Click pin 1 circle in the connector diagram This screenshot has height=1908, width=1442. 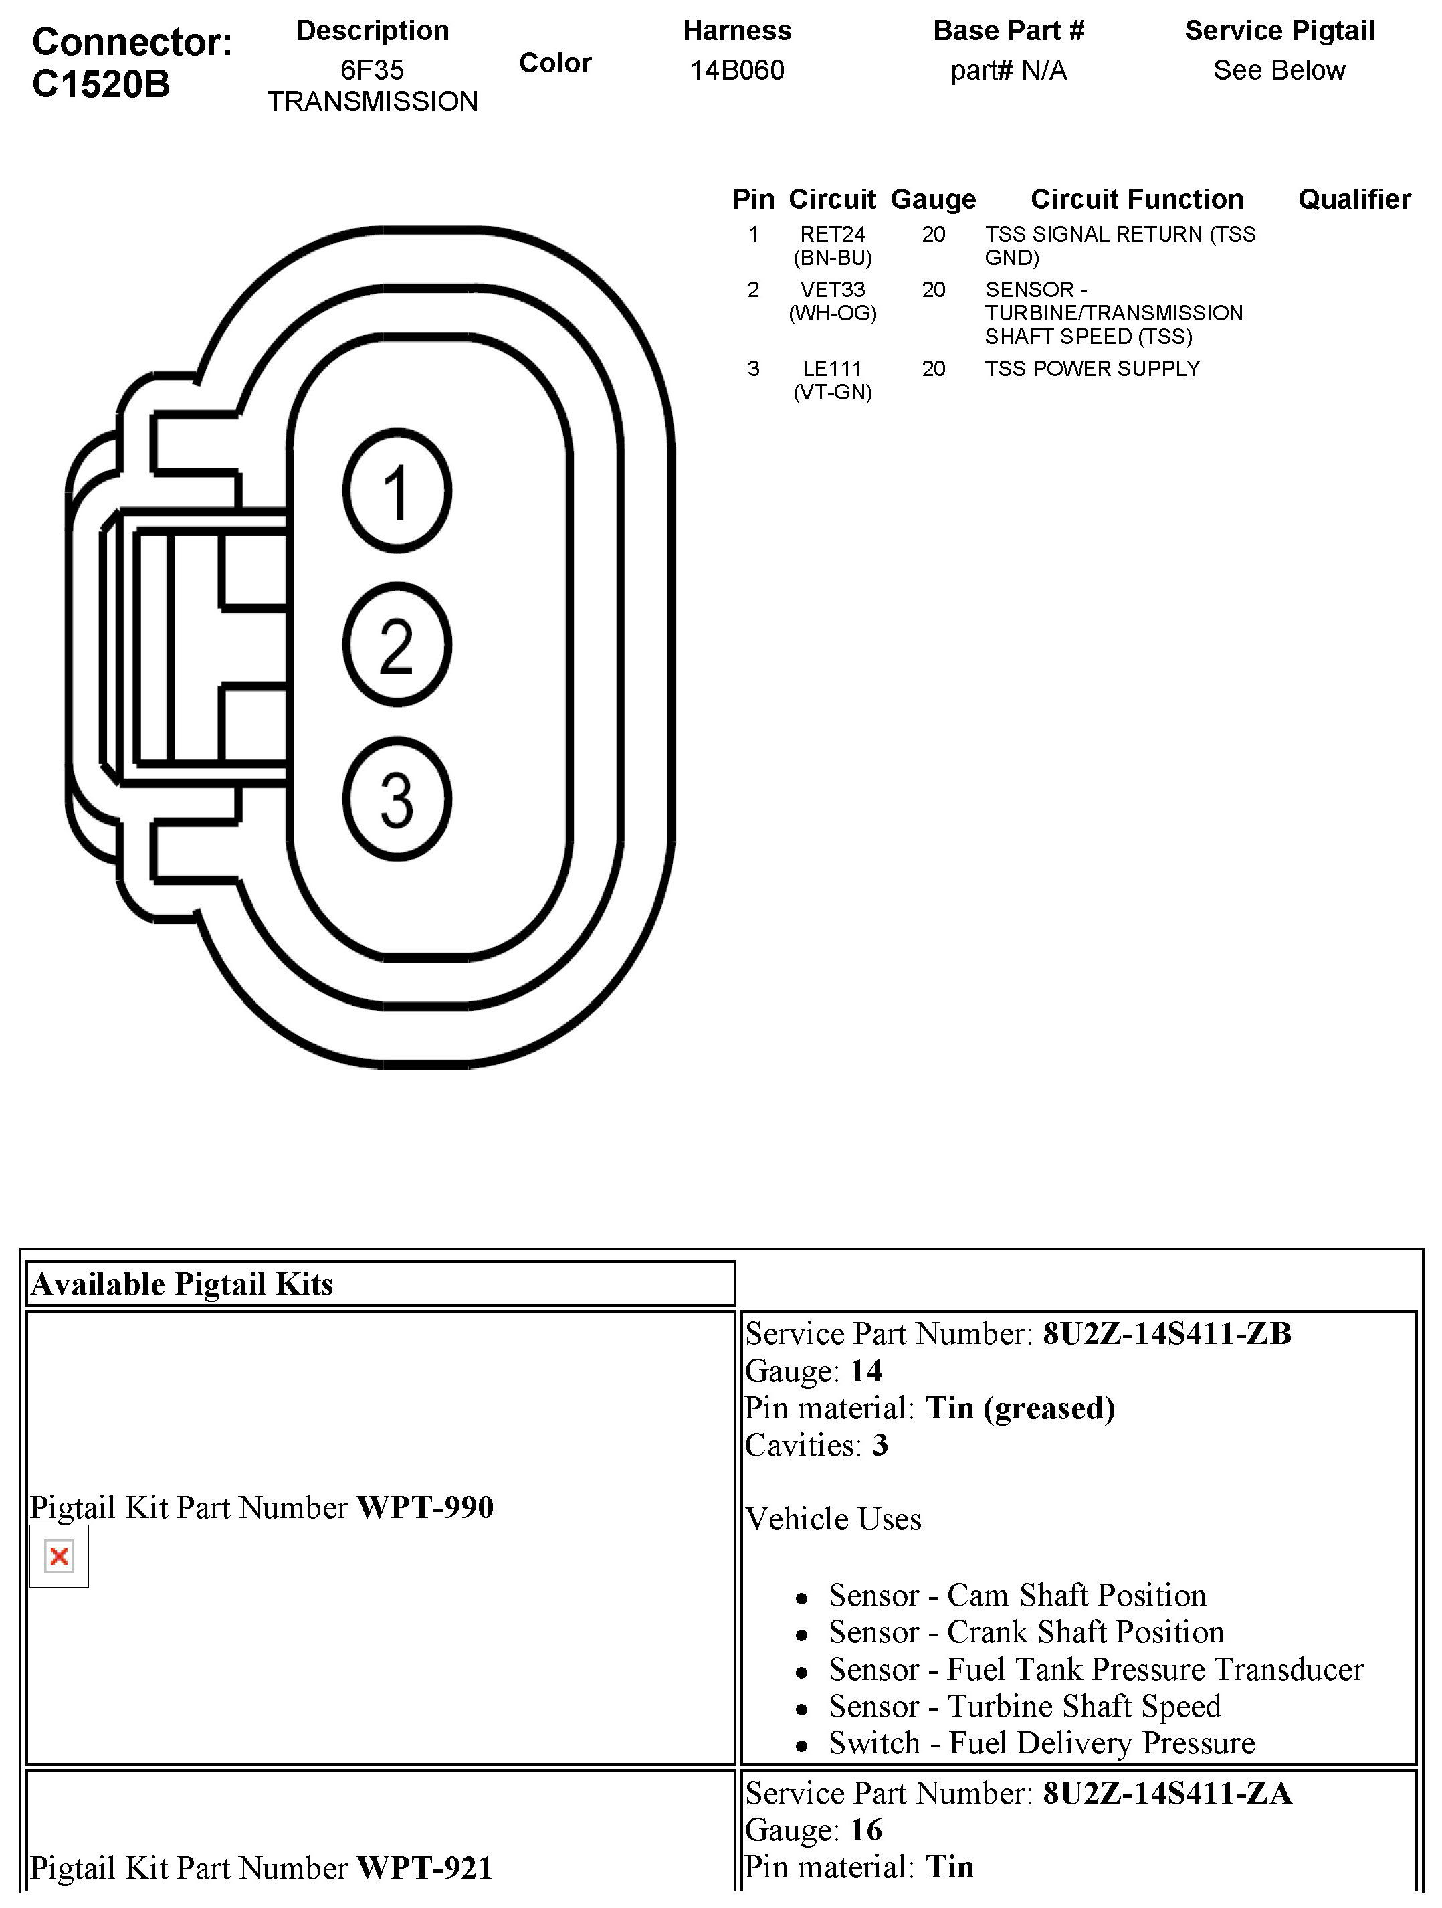pos(397,491)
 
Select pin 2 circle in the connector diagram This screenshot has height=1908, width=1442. pos(397,644)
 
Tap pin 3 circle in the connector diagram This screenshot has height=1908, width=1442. pos(397,799)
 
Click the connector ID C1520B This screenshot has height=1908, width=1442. pos(101,84)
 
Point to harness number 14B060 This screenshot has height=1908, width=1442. pos(736,70)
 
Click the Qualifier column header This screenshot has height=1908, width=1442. pos(1354,199)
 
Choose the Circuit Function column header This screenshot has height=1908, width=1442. pos(1137,199)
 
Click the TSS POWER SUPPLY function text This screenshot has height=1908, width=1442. pos(1092,369)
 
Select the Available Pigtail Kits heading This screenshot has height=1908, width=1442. pos(182,1284)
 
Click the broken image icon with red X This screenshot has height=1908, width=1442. pos(59,1556)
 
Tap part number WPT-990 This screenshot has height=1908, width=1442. pos(425,1507)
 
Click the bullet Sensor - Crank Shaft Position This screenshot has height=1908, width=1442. pos(1026,1632)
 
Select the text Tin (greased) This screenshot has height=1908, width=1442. pos(1020,1408)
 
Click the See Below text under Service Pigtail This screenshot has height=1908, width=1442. pos(1279,70)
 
